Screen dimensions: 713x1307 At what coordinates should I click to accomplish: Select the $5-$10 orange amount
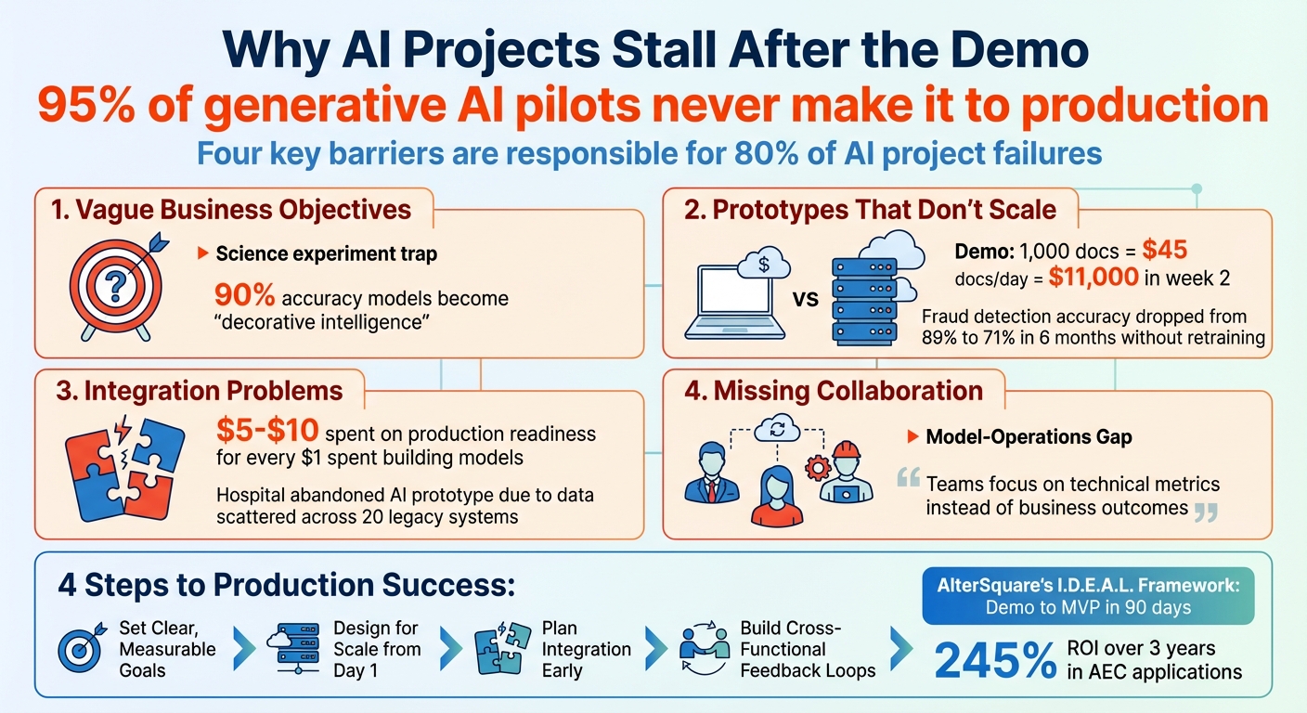coord(266,432)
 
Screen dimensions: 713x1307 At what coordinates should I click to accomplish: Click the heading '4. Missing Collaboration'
coord(833,391)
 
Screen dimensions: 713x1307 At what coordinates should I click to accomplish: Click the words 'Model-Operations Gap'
coord(1029,437)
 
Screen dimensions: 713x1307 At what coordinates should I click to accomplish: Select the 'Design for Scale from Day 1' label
coord(376,648)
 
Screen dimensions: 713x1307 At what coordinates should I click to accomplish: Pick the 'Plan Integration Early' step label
coord(586,648)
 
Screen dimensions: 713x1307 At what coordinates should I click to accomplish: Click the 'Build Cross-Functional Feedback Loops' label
coord(807,648)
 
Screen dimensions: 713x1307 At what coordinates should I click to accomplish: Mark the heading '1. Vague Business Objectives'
coord(231,209)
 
